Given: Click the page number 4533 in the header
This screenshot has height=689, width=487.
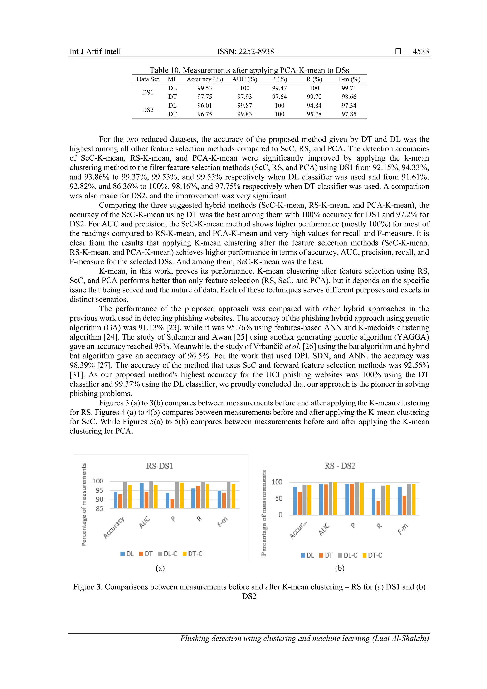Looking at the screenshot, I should [420, 51].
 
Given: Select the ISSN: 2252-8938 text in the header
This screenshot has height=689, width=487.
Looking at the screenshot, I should [245, 51].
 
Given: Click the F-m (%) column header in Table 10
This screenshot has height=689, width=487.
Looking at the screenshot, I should [349, 79].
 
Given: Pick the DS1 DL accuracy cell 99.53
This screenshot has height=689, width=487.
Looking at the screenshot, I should [205, 88].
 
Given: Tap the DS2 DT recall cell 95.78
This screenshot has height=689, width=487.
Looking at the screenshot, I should [314, 114].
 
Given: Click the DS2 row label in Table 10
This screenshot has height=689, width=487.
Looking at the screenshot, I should [147, 110].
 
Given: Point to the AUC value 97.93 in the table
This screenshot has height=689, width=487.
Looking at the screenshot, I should [244, 97].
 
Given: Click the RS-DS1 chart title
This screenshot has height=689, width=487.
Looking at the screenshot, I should [160, 466].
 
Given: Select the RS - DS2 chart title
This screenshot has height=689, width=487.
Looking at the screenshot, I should [340, 466].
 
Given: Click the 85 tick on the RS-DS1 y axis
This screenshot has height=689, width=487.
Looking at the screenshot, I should [99, 509].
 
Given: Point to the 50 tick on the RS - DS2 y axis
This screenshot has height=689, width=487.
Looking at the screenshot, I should [279, 498].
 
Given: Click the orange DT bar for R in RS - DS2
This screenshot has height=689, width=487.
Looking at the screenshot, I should [378, 508].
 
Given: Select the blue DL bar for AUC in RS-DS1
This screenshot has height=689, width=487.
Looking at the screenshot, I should [141, 496].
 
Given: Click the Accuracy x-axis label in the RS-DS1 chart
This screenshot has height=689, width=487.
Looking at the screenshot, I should [114, 528].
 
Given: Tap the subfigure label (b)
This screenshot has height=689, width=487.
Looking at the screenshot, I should [340, 568].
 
